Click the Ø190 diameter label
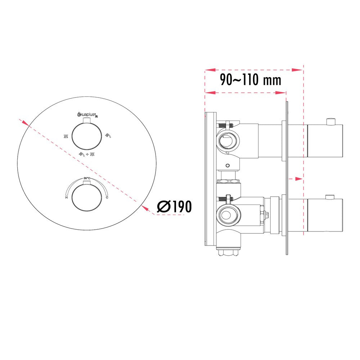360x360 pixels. pos(175,206)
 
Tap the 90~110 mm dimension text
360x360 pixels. pos(251,80)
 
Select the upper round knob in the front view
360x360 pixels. pos(86,136)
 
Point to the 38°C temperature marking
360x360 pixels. pos(86,178)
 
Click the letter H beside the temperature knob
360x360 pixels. pos(66,198)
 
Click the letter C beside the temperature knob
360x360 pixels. pos(107,198)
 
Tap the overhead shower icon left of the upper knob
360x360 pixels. pos(66,136)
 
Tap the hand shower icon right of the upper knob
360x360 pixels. pos(108,135)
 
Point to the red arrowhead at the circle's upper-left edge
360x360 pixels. pos(24,123)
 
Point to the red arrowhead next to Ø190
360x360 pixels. pos(146,208)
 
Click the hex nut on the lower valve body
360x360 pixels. pos(267,216)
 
